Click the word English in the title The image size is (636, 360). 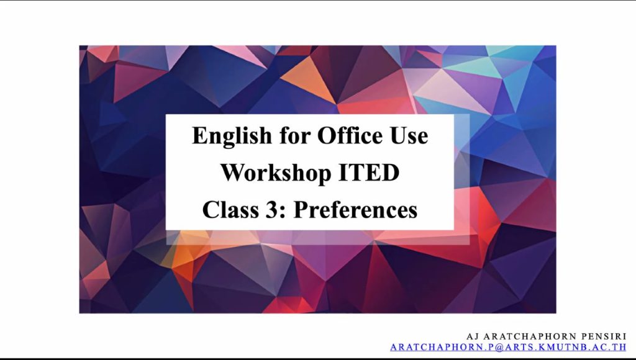click(x=232, y=136)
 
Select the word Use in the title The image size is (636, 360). click(x=409, y=136)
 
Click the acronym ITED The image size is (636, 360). click(x=369, y=173)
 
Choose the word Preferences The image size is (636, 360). click(x=355, y=210)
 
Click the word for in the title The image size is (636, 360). click(x=294, y=135)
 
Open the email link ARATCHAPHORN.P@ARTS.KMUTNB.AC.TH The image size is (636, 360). click(x=508, y=348)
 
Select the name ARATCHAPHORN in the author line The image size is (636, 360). click(x=530, y=336)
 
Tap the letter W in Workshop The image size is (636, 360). click(x=232, y=173)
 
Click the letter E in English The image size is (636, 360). click(x=199, y=136)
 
